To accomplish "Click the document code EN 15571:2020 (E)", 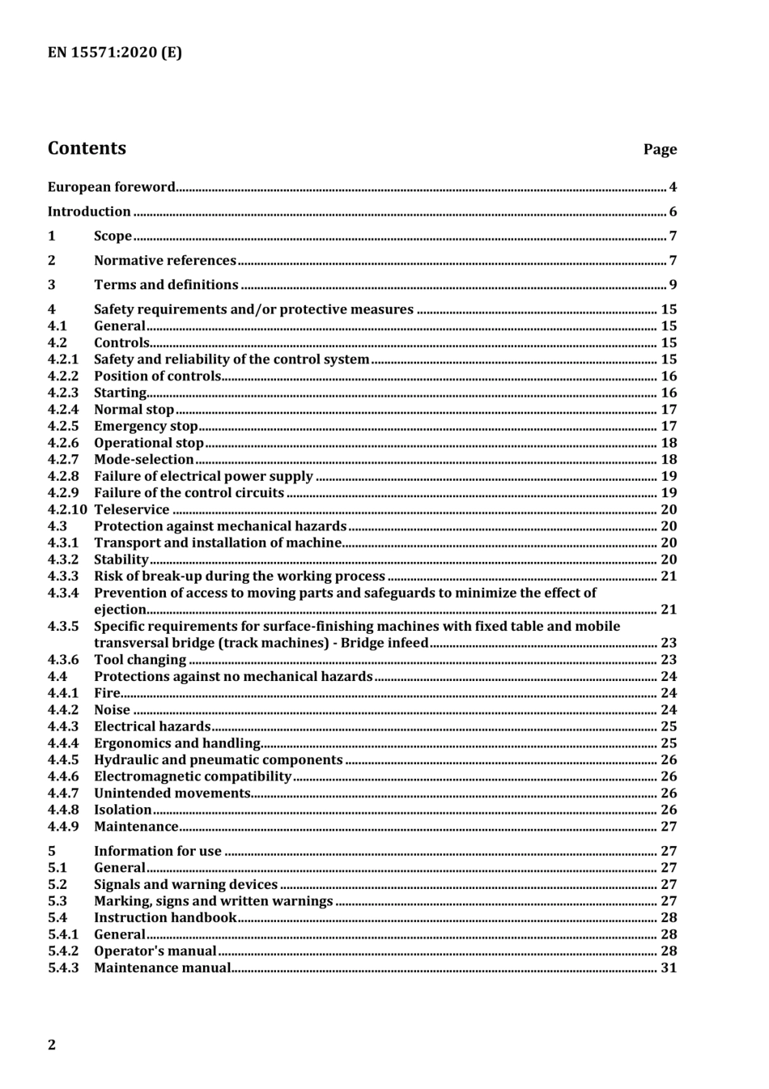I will (114, 53).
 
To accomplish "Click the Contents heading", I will (87, 148).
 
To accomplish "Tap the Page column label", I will (660, 149).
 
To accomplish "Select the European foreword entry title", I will (111, 187).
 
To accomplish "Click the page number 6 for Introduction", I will (673, 212).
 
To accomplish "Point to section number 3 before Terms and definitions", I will (52, 285).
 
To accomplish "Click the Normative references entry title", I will (165, 261).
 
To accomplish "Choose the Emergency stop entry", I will (146, 426).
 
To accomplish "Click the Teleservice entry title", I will (132, 509).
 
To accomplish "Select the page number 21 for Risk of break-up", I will (669, 576).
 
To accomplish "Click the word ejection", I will (121, 610).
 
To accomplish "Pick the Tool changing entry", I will (140, 660).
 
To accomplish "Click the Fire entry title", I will (107, 693).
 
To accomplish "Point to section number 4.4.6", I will (63, 776).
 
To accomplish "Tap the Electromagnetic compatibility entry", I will (193, 776).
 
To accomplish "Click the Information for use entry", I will (158, 851).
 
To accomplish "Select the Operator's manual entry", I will (155, 951).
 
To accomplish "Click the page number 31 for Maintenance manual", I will (669, 968).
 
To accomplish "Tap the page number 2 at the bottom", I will (52, 1044).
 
